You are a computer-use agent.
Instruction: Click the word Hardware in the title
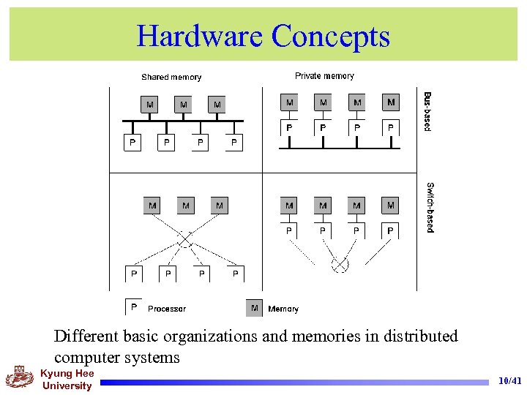[x=199, y=36]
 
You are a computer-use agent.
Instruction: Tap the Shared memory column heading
[x=171, y=77]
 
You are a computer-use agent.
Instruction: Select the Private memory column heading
[x=324, y=75]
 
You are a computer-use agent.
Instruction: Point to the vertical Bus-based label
[x=428, y=110]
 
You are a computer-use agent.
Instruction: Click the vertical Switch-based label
[x=430, y=207]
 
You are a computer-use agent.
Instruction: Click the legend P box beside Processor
[x=134, y=307]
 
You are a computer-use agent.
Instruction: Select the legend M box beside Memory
[x=254, y=308]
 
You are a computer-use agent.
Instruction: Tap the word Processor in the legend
[x=167, y=309]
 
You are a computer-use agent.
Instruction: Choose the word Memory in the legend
[x=283, y=309]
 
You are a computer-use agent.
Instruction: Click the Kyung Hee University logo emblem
[x=20, y=378]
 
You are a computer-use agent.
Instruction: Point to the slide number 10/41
[x=509, y=381]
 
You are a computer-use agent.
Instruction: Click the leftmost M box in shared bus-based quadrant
[x=149, y=105]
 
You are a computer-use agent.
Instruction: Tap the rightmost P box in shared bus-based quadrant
[x=234, y=142]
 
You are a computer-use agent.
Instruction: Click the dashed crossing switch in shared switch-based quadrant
[x=185, y=240]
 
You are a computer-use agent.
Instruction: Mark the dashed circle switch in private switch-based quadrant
[x=340, y=263]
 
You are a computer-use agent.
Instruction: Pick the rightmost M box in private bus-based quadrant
[x=391, y=102]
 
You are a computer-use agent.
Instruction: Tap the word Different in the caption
[x=85, y=336]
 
